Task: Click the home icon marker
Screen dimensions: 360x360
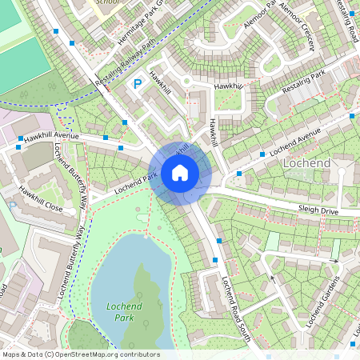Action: tap(180, 172)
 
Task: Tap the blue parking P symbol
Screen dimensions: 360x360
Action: tap(137, 83)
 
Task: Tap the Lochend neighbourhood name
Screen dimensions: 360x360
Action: tap(306, 163)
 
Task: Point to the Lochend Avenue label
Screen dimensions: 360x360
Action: tap(294, 139)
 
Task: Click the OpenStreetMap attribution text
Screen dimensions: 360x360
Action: tap(80, 354)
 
